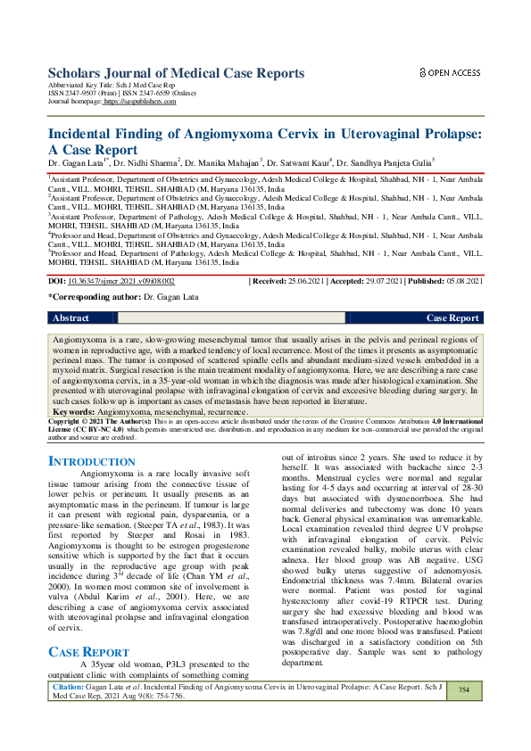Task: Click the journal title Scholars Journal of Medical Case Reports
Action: [x=176, y=72]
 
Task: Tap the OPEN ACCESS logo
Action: [x=450, y=72]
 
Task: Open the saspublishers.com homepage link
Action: [x=140, y=102]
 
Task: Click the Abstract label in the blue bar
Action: [x=71, y=318]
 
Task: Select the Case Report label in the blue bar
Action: [x=452, y=318]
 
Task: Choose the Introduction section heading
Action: [x=91, y=461]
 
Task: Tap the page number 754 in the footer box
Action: [x=463, y=715]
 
